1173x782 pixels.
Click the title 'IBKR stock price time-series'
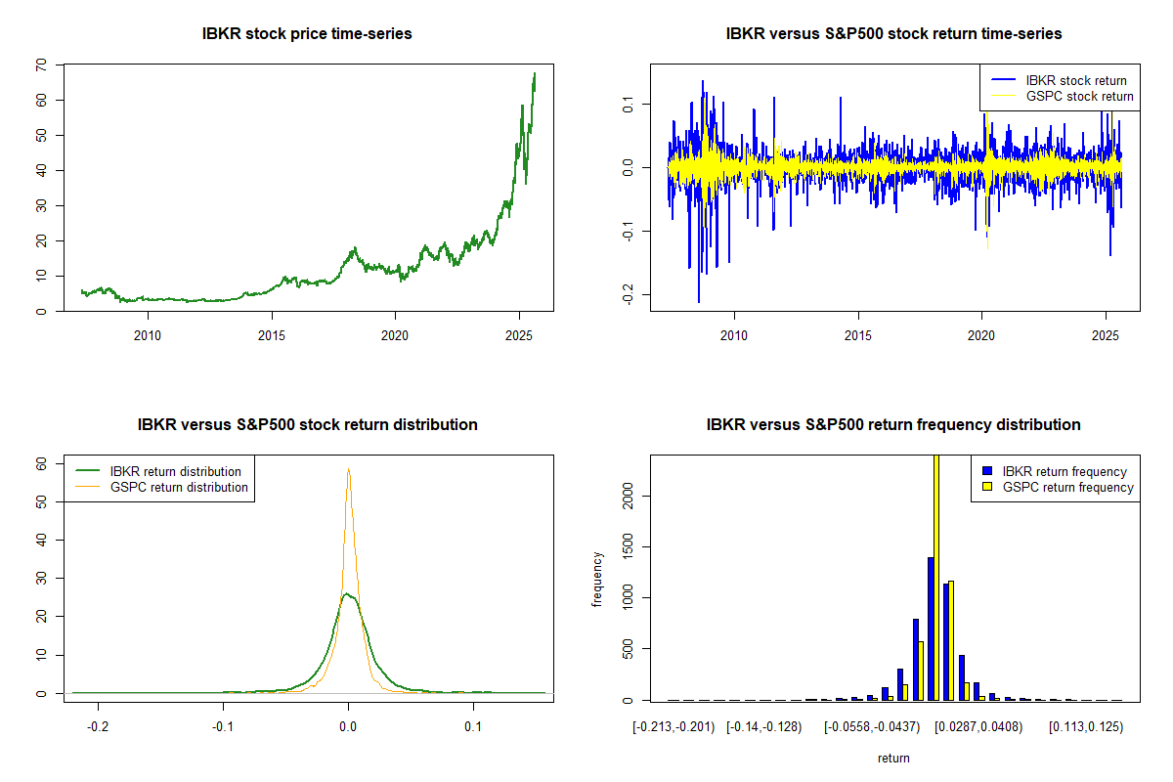[307, 34]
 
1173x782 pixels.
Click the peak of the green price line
[535, 73]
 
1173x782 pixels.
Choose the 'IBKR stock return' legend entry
[1074, 80]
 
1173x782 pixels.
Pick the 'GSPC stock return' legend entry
[1079, 96]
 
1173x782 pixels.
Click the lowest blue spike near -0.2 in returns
[699, 301]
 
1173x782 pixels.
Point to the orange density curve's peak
[348, 469]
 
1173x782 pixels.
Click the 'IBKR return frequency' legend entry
[1064, 471]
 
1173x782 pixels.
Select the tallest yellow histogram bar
[935, 577]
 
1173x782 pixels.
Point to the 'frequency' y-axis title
[597, 580]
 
